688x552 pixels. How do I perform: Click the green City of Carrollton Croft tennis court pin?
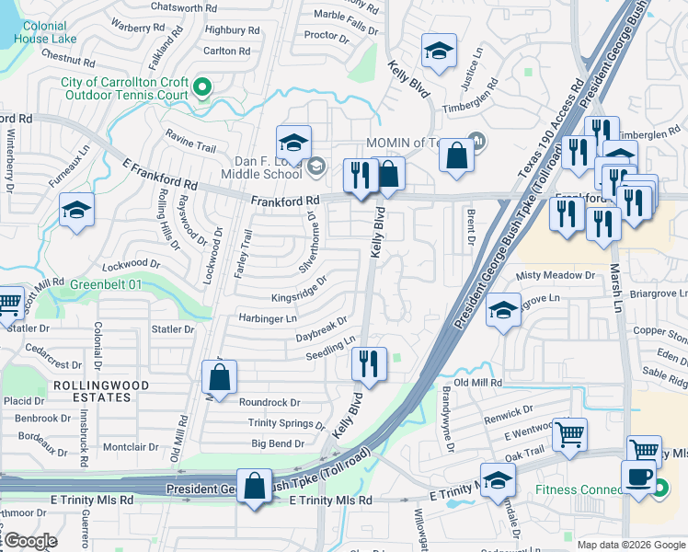(202, 88)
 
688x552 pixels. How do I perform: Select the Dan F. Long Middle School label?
(262, 167)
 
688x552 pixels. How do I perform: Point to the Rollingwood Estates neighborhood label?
(92, 391)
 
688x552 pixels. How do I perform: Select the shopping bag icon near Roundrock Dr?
(220, 376)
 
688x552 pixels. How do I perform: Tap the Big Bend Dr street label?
(277, 443)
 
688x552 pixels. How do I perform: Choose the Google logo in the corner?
(29, 541)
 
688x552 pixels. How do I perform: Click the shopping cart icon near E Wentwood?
(569, 434)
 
